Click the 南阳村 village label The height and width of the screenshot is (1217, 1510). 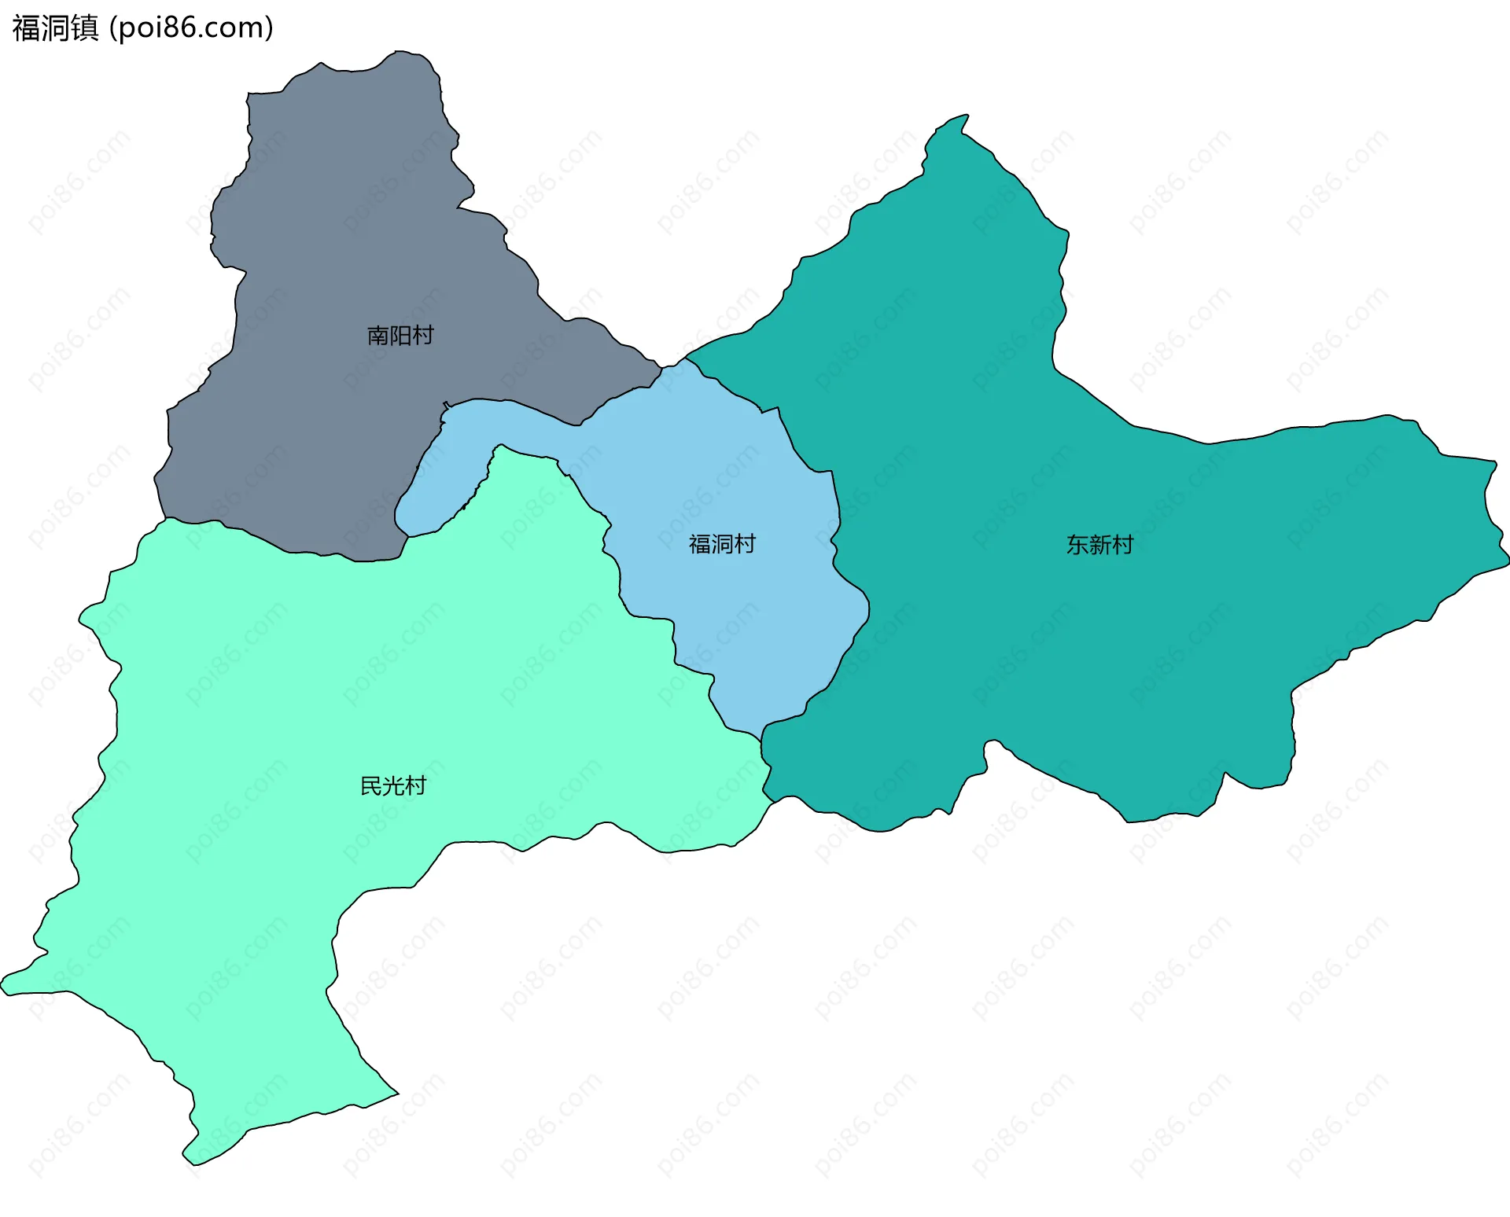(x=400, y=336)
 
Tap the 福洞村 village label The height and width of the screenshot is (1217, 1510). (x=722, y=544)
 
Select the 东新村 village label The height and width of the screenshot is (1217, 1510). (x=1099, y=545)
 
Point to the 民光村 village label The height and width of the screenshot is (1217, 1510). (x=393, y=785)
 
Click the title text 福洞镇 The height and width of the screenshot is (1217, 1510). (x=55, y=28)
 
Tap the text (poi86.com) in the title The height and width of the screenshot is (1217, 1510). (x=191, y=28)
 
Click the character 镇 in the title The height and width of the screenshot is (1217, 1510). (x=84, y=28)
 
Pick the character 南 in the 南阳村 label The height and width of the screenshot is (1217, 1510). (x=378, y=336)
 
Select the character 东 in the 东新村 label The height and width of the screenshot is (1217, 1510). (x=1077, y=545)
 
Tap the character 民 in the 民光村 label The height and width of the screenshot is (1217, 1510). (x=371, y=785)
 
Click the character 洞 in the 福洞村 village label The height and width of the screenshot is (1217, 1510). (x=722, y=544)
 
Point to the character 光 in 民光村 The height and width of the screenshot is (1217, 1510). (x=393, y=785)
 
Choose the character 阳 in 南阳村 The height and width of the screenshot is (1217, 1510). (x=400, y=336)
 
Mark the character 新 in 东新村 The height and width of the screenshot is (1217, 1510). (x=1099, y=545)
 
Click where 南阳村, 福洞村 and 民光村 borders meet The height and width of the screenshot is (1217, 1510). (x=408, y=536)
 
